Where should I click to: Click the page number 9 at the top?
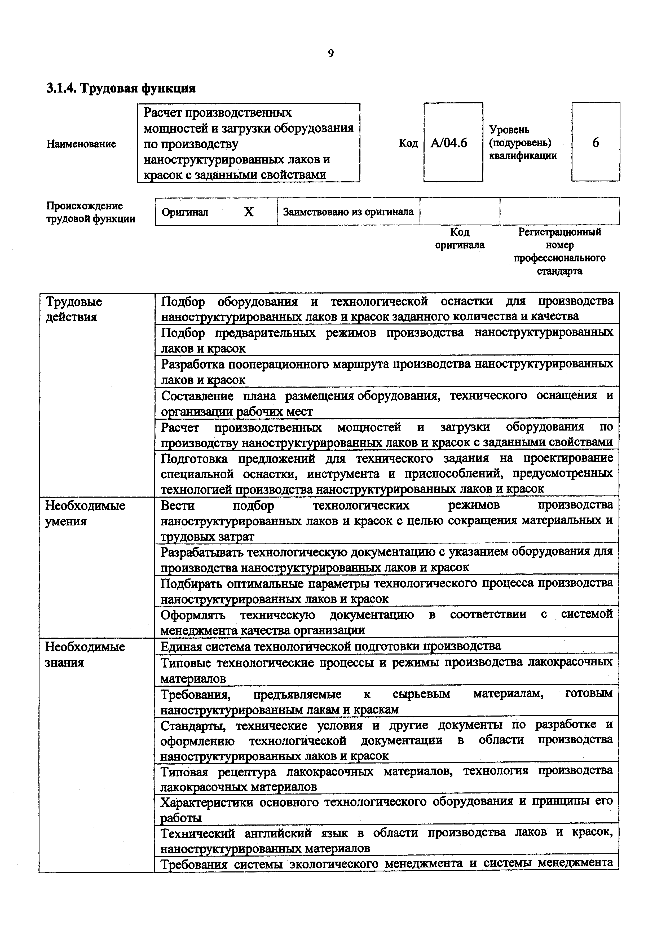(x=330, y=54)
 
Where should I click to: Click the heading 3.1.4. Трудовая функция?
(x=121, y=88)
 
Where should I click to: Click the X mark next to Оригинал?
(x=249, y=212)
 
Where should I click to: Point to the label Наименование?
(x=81, y=144)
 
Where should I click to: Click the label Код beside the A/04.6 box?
(x=408, y=143)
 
